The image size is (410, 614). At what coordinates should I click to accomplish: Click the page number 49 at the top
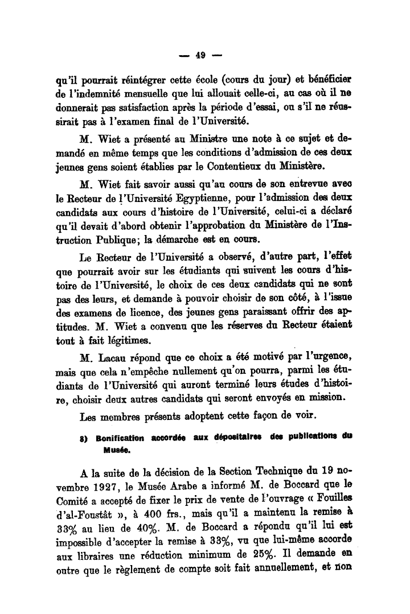200,55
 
